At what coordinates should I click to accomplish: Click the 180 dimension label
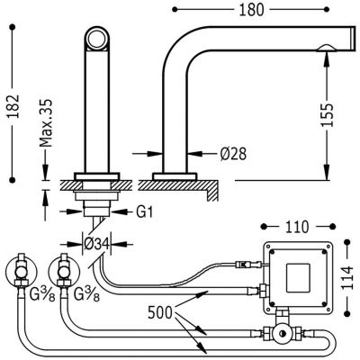coord(251,10)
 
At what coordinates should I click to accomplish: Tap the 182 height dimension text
coord(13,106)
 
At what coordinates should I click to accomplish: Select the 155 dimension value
coord(327,115)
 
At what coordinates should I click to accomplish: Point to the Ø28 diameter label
coord(233,154)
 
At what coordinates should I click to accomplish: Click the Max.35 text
coord(46,122)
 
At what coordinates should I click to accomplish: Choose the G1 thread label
coord(145,212)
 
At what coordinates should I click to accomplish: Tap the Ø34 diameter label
coord(96,245)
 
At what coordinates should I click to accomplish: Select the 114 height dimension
coord(347,277)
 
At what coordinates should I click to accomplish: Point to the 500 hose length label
coord(160,313)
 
